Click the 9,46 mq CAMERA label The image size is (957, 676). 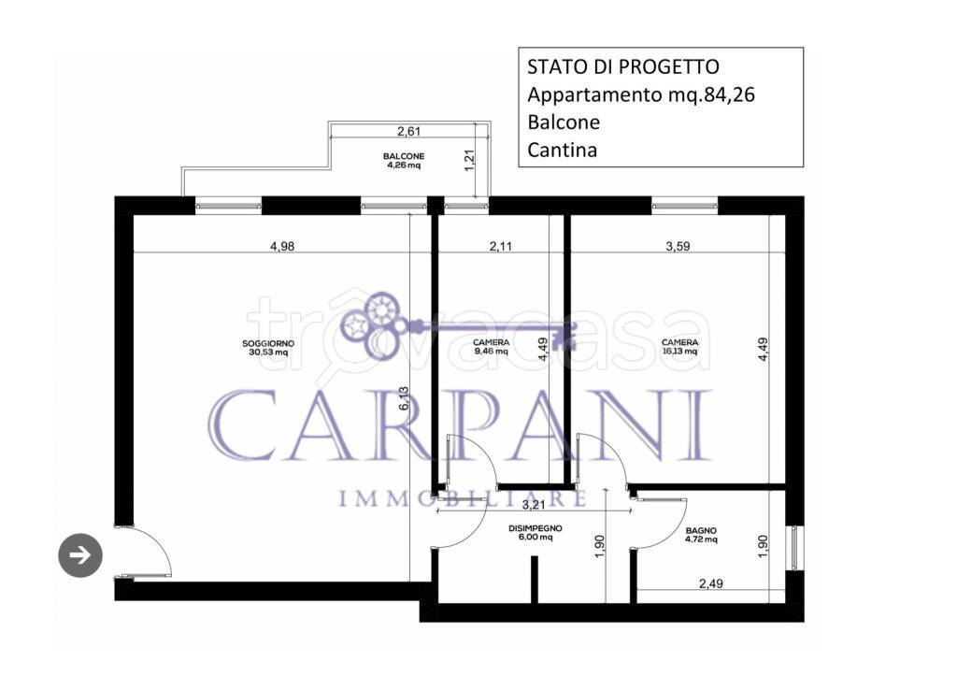click(491, 347)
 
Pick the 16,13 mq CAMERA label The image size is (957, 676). click(680, 347)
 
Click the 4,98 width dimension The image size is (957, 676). click(282, 246)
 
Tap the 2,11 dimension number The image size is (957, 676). click(501, 246)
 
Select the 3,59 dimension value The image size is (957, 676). click(678, 246)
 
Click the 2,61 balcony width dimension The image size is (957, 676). click(408, 131)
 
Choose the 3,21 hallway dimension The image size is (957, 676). click(533, 504)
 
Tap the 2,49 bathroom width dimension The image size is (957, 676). click(711, 583)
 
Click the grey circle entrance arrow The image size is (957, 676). click(80, 555)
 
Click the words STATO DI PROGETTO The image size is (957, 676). click(623, 66)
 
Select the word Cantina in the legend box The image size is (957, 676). click(562, 150)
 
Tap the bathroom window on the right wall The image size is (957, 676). click(794, 547)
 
